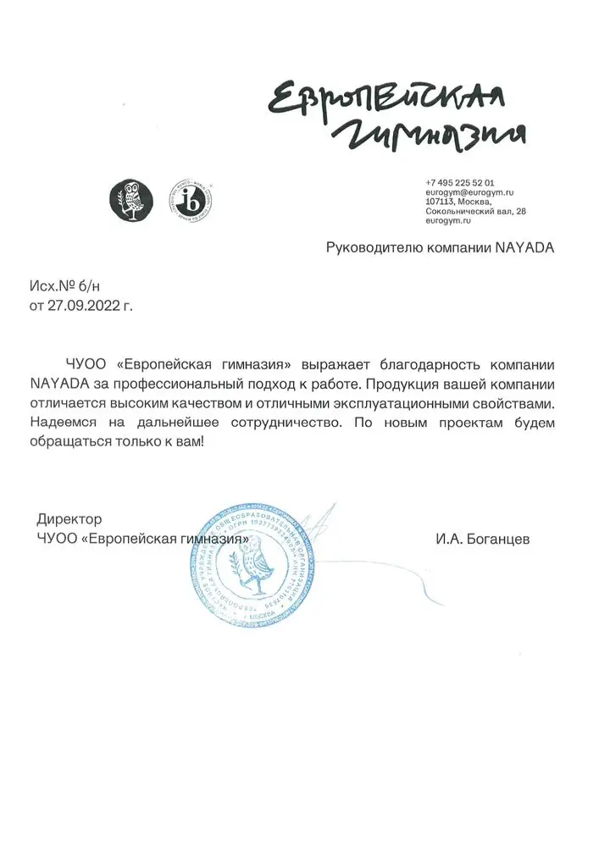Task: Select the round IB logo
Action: coord(191,201)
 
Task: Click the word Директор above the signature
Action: coord(69,518)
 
